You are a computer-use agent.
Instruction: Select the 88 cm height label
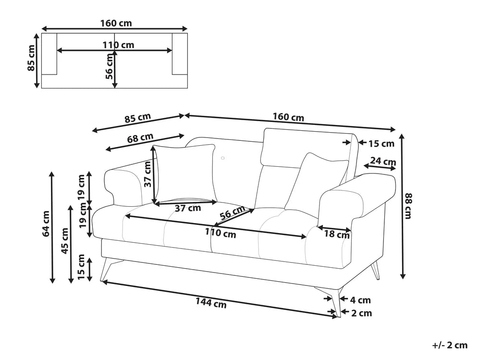pyautogui.click(x=408, y=206)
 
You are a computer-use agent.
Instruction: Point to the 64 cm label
pyautogui.click(x=46, y=223)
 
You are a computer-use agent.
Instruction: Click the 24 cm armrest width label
pyautogui.click(x=383, y=162)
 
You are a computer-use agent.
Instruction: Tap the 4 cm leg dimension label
pyautogui.click(x=360, y=300)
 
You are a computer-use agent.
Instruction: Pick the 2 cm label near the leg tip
pyautogui.click(x=361, y=313)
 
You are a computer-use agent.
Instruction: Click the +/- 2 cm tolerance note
pyautogui.click(x=449, y=345)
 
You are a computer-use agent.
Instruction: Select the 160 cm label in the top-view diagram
pyautogui.click(x=116, y=23)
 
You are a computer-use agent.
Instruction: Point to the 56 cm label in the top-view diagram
pyautogui.click(x=110, y=66)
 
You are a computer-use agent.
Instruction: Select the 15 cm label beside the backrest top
pyautogui.click(x=381, y=143)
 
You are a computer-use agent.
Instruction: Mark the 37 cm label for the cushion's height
pyautogui.click(x=148, y=174)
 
